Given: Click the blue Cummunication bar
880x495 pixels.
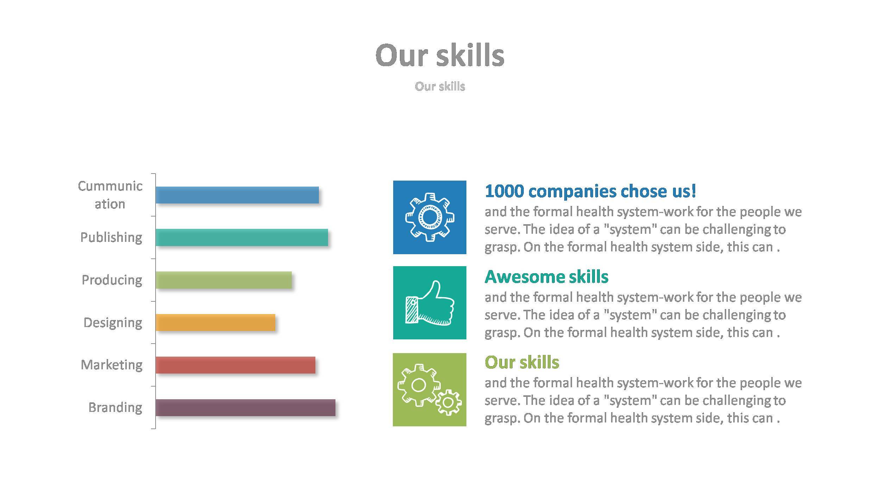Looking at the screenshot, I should point(237,195).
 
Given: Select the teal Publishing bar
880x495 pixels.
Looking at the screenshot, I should point(241,237).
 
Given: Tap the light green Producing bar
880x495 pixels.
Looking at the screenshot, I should point(224,280).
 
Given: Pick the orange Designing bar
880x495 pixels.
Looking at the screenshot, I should point(215,322).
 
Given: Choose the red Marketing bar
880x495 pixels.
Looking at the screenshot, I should point(235,365).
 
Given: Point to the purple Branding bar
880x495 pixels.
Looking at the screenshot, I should point(245,407).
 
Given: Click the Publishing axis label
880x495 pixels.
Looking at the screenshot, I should point(111,237).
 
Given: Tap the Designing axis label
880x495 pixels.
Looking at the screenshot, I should point(113,322).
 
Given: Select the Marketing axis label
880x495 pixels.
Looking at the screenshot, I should point(112,365).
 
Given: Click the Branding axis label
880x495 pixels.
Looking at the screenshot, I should point(115,407).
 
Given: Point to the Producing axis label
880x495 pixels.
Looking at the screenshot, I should point(112,280).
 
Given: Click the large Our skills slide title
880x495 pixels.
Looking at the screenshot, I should point(440,55).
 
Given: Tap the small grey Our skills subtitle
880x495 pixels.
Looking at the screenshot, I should point(440,86).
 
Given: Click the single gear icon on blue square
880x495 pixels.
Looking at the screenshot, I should point(429,217).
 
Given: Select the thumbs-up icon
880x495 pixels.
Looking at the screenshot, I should point(429,303).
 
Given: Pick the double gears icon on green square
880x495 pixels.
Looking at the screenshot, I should point(429,389).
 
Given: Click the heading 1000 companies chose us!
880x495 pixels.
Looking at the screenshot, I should point(590,191).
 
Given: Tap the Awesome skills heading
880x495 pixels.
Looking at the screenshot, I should point(546,276).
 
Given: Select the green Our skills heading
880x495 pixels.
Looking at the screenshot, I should point(522,362).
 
